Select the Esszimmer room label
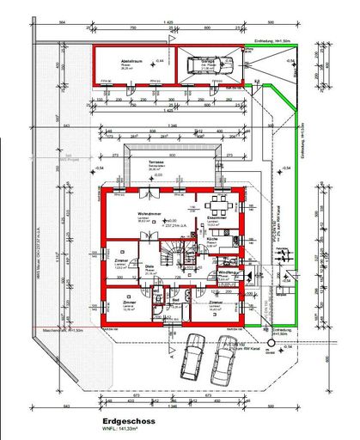[217, 218]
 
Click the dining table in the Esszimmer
[215, 204]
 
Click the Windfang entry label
[229, 272]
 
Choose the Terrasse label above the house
[156, 161]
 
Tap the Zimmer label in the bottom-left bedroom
[128, 303]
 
